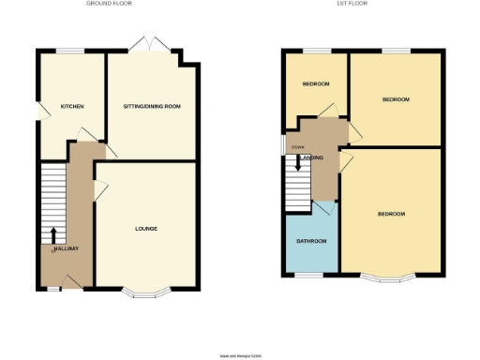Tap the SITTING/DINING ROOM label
[152, 107]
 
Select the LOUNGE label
[145, 229]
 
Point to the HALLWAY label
[66, 248]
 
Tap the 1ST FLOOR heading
[351, 4]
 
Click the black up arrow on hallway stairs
[53, 234]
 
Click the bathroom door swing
[322, 208]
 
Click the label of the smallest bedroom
[316, 84]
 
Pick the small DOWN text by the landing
[297, 148]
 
